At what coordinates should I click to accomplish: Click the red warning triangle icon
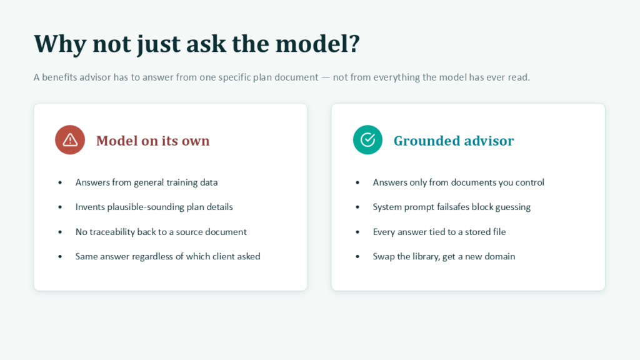[x=70, y=139]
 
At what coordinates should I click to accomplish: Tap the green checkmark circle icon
[x=367, y=139]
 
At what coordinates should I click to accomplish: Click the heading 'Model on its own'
[x=152, y=141]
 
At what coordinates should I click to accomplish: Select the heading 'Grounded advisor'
[x=454, y=141]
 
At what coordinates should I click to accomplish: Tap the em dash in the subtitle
[x=325, y=77]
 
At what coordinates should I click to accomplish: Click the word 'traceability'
[x=112, y=232]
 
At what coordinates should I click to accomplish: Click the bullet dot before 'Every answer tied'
[x=357, y=232]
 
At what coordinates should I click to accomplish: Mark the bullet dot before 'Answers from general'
[x=60, y=182]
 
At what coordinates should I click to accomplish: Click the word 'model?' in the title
[x=318, y=43]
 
